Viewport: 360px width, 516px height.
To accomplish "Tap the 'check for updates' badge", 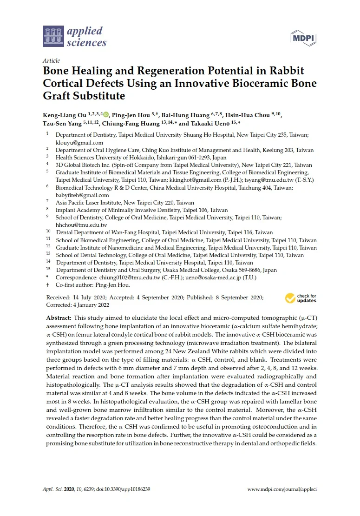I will point(301,298).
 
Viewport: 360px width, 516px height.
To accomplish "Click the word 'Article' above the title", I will point(51,61).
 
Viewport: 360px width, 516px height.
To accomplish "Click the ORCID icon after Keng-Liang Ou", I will point(106,114).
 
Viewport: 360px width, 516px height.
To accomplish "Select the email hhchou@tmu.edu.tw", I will point(81,225).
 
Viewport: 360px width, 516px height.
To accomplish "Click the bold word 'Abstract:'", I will point(59,317).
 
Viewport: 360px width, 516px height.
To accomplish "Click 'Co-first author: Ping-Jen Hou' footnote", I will point(93,285).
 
